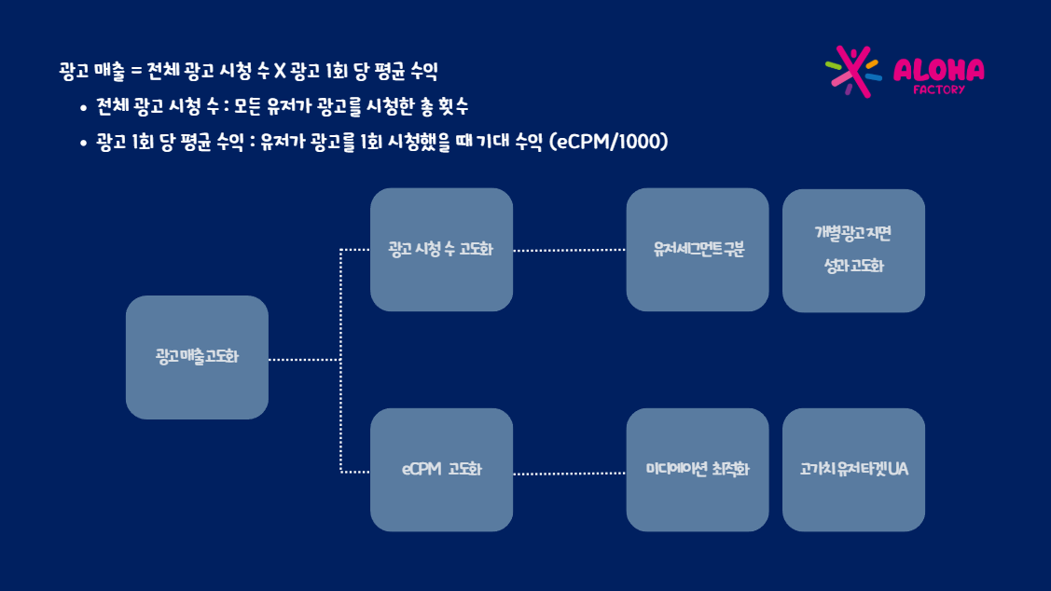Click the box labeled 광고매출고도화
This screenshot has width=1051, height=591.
click(197, 357)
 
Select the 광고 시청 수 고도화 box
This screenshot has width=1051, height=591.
click(442, 249)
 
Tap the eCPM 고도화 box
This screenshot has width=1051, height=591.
click(442, 470)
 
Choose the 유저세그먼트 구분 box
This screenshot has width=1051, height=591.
click(698, 249)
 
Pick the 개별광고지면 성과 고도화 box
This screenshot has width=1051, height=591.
click(854, 251)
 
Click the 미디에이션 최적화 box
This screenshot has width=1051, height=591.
click(698, 470)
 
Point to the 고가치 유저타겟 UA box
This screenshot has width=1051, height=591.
click(854, 470)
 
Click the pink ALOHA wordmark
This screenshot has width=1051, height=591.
click(938, 70)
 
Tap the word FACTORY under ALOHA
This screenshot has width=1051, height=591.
click(938, 89)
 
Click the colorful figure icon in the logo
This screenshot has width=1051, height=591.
click(852, 72)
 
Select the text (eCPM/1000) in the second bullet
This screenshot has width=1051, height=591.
click(609, 142)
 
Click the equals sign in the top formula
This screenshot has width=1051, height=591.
click(136, 71)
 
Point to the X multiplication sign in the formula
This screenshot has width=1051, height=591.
click(280, 71)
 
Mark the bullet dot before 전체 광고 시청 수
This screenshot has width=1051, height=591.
click(83, 107)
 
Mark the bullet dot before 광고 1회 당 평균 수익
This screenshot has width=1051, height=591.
click(83, 143)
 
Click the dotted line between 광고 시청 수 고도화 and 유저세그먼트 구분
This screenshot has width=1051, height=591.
click(570, 250)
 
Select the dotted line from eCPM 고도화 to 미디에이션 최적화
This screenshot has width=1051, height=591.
click(570, 473)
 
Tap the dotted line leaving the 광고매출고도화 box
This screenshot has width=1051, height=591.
click(305, 359)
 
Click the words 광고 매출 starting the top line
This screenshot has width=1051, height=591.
click(91, 71)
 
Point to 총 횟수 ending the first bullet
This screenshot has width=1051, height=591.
click(444, 106)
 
